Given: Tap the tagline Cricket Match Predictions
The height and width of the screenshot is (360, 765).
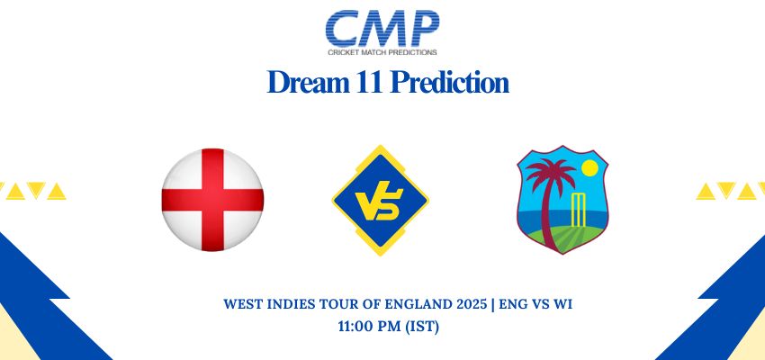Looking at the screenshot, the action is (382, 52).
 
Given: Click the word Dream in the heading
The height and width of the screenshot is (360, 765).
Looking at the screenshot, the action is (309, 82).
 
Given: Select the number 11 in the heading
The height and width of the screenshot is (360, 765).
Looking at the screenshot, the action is (370, 82).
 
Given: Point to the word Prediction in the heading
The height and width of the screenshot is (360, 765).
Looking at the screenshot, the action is (449, 82).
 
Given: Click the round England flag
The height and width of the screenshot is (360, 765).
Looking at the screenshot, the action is (212, 200).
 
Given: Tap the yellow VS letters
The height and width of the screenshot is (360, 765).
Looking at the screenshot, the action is (379, 204).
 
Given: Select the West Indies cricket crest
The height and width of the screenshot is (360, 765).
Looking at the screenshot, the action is (562, 200).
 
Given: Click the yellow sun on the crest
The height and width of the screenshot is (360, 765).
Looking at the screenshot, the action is (589, 167).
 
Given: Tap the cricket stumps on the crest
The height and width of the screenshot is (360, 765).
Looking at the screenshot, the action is (578, 210).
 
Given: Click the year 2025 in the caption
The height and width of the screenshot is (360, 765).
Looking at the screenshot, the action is (472, 304).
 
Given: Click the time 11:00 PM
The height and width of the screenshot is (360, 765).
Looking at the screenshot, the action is (370, 327).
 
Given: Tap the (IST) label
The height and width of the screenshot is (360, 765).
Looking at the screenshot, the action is (422, 327).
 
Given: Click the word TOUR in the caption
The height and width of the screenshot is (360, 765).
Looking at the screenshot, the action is (340, 304).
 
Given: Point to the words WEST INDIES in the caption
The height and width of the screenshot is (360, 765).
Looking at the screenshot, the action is (270, 304).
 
